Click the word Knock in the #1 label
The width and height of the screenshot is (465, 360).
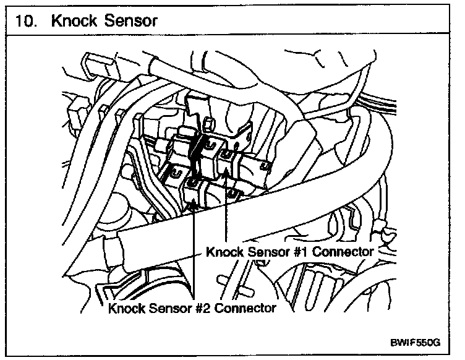coord(225,252)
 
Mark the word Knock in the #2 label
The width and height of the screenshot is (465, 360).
coord(127,307)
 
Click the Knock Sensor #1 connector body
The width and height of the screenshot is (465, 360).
coord(229,161)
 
